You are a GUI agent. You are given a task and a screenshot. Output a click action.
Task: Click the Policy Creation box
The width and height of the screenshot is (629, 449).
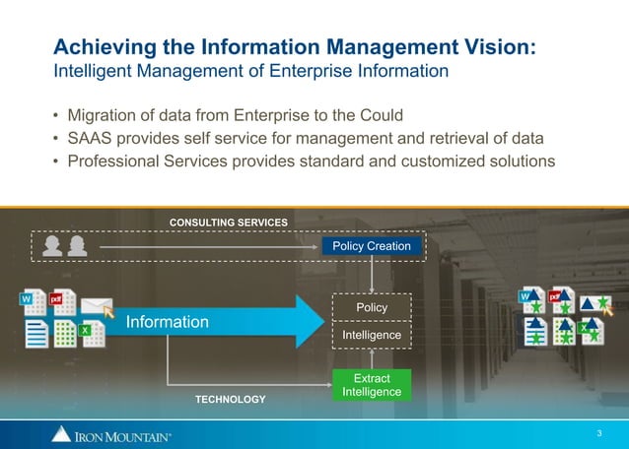click(371, 245)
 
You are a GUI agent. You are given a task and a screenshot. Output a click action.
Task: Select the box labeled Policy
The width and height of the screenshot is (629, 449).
click(372, 308)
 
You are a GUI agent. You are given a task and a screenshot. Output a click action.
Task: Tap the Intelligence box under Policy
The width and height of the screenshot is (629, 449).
click(372, 336)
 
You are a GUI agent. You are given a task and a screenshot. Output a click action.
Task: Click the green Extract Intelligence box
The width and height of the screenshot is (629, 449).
click(372, 385)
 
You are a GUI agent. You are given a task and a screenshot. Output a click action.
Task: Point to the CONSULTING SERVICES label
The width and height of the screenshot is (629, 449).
click(229, 223)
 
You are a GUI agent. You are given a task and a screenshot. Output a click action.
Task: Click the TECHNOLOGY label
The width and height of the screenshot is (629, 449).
click(230, 399)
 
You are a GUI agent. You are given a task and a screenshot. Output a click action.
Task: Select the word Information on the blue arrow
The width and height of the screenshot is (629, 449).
click(167, 322)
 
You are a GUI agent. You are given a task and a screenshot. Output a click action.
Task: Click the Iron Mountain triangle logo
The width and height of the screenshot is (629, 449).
click(61, 434)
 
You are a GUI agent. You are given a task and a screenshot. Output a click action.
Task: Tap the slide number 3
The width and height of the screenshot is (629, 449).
click(599, 433)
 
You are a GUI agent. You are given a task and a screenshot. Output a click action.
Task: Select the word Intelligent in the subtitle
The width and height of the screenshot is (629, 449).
click(94, 71)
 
